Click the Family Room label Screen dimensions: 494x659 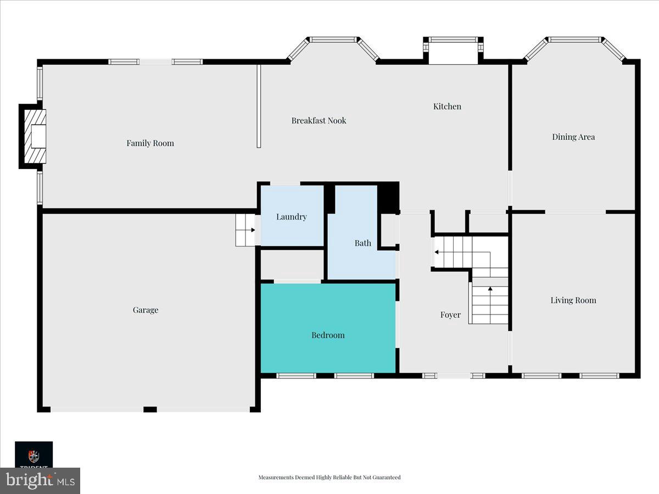coord(150,143)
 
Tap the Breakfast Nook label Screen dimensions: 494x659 coord(319,121)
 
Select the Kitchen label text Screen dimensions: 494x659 coord(447,106)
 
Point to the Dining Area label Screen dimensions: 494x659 coord(573,137)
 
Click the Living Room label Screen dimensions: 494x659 coord(573,300)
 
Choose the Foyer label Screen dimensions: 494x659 coord(450,315)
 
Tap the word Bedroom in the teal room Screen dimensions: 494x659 coord(328,335)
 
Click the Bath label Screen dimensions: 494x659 coord(362,243)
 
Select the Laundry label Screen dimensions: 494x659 coord(291,217)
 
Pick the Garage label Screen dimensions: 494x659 coord(146,310)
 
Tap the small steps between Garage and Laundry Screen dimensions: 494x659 coord(245,231)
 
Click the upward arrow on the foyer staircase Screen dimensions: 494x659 coord(490,289)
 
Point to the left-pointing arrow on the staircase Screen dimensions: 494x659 coord(436,252)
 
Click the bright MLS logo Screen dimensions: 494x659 coord(40,480)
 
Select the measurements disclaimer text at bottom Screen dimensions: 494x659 coord(329,478)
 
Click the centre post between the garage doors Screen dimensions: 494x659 coord(150,409)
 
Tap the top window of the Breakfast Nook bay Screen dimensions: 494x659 coord(333,40)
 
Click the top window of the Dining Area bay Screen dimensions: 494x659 coord(574,40)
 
